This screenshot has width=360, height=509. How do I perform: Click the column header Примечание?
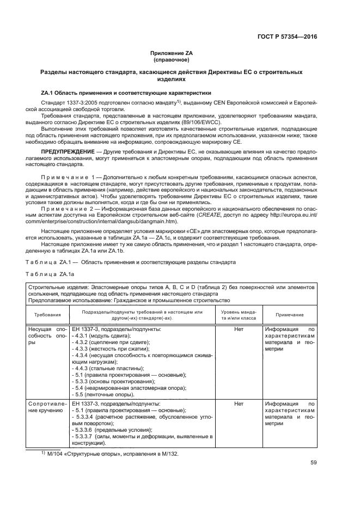click(290, 315)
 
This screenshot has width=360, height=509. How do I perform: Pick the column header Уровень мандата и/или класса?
click(238, 315)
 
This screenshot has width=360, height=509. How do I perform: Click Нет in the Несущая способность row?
click(238, 329)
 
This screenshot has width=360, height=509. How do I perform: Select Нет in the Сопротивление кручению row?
click(238, 404)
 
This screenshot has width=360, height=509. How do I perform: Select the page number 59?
click(313, 463)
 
